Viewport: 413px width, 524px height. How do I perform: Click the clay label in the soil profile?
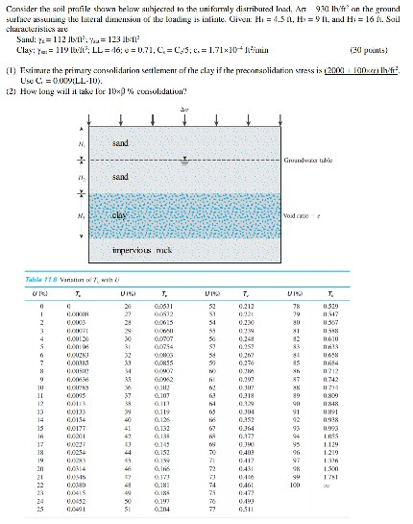[x=121, y=216]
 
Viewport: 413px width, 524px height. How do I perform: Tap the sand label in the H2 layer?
[x=121, y=179]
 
